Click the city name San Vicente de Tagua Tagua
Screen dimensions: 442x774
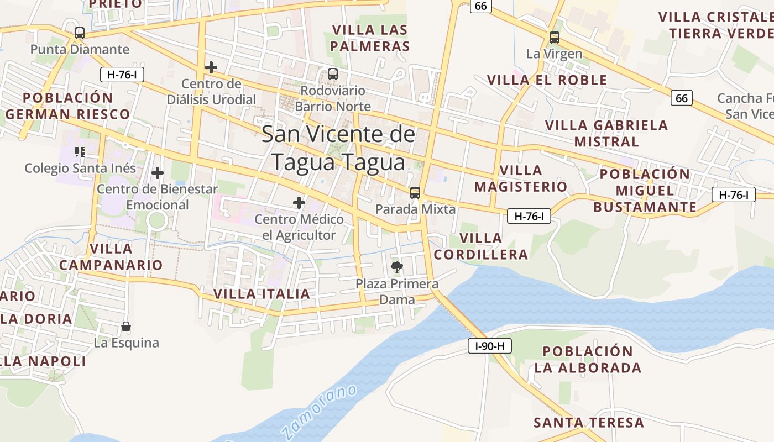(338, 148)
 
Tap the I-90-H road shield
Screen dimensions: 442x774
(490, 346)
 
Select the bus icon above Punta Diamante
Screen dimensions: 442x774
(80, 33)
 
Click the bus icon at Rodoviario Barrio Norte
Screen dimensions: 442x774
(333, 74)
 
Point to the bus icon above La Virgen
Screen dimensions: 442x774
(554, 38)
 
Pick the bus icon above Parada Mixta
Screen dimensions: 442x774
(415, 193)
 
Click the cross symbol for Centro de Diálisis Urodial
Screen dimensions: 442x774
(211, 67)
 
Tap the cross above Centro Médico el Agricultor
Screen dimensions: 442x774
(299, 203)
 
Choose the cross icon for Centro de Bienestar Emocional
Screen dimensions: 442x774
(158, 173)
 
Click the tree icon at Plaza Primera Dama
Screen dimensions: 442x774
(396, 268)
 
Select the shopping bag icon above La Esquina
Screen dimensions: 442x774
(126, 327)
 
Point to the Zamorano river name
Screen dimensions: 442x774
(319, 412)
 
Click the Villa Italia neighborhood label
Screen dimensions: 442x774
(262, 294)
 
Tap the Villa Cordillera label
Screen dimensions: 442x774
(481, 246)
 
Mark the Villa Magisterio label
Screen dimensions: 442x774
(520, 178)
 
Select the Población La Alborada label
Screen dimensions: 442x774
(588, 360)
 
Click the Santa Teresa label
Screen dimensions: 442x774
(589, 423)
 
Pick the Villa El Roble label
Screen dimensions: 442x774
(547, 80)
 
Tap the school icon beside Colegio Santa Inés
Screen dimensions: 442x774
(80, 151)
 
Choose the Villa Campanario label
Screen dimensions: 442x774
(111, 257)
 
